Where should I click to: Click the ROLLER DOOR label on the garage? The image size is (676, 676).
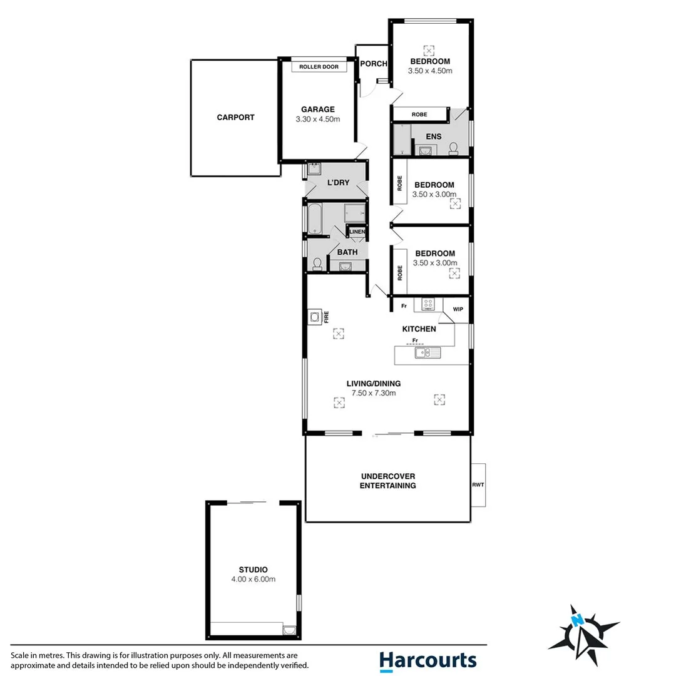pyautogui.click(x=319, y=66)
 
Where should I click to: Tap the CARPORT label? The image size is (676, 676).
pyautogui.click(x=236, y=117)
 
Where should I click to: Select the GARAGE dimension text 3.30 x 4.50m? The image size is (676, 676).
pyautogui.click(x=318, y=120)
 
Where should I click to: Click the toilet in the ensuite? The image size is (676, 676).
pyautogui.click(x=454, y=147)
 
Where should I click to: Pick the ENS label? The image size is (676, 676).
pyautogui.click(x=433, y=136)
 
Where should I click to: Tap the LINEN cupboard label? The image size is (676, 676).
pyautogui.click(x=357, y=232)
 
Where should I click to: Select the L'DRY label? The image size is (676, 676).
pyautogui.click(x=339, y=183)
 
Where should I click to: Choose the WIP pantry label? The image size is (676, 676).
pyautogui.click(x=458, y=309)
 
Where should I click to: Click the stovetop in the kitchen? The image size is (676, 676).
pyautogui.click(x=429, y=305)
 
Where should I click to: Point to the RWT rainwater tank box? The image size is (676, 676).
pyautogui.click(x=478, y=485)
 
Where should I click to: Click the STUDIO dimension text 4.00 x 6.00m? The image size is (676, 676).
pyautogui.click(x=253, y=579)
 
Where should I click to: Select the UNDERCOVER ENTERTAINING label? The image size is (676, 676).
pyautogui.click(x=388, y=481)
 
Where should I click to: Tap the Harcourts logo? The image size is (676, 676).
pyautogui.click(x=428, y=660)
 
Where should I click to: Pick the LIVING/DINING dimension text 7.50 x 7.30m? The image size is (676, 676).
pyautogui.click(x=374, y=393)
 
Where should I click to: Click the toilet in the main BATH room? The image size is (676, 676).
pyautogui.click(x=317, y=264)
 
